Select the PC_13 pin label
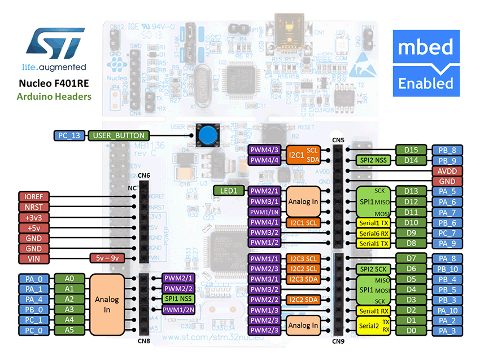coord(69,135)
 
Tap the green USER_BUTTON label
coord(119,135)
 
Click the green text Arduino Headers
coord(54,96)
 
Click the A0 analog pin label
coord(69,278)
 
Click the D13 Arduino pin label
coord(411,191)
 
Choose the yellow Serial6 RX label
coord(374,233)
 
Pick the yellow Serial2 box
coord(374,325)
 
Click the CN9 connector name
coord(338,340)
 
